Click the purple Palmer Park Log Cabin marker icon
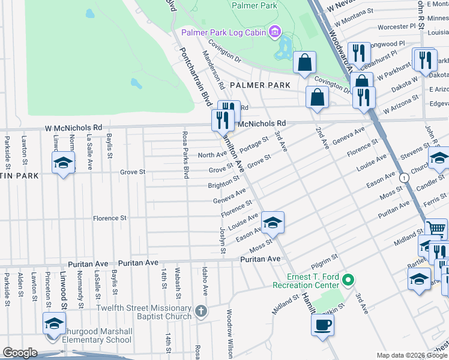pyautogui.click(x=275, y=31)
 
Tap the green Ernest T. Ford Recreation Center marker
pyautogui.click(x=346, y=279)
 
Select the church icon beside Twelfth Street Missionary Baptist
pyautogui.click(x=201, y=312)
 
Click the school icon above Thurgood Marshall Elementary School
pyautogui.click(x=54, y=324)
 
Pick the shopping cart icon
pyautogui.click(x=436, y=229)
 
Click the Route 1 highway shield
pyautogui.click(x=405, y=178)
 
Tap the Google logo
pyautogui.click(x=20, y=353)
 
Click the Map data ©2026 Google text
pyautogui.click(x=411, y=355)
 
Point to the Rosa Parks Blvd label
pyautogui.click(x=185, y=156)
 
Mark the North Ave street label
pyautogui.click(x=212, y=155)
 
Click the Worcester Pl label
pyautogui.click(x=397, y=26)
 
